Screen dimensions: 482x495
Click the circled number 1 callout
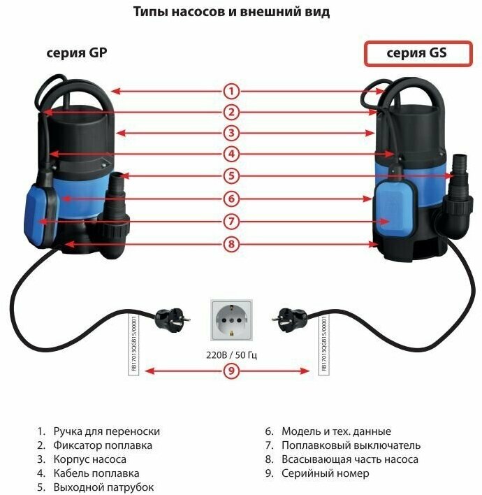(232, 91)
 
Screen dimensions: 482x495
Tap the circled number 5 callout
(232, 175)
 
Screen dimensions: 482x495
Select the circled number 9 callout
(232, 371)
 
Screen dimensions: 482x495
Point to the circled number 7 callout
(232, 221)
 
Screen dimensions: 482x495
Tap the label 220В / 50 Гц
(232, 355)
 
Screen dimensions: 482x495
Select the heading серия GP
(77, 53)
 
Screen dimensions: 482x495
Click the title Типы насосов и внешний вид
(231, 12)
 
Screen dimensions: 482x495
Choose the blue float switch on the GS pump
(393, 210)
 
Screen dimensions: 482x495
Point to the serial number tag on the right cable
(323, 343)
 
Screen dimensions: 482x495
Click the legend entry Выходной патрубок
(103, 487)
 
